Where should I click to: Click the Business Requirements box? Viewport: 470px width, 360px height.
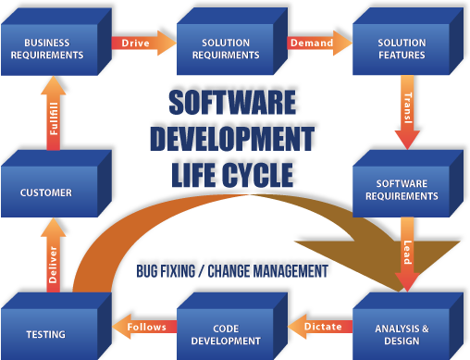click(54, 48)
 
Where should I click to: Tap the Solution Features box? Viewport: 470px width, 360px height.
click(402, 48)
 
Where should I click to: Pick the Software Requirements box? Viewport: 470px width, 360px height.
click(402, 190)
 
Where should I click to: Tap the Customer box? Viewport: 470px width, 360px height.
click(46, 192)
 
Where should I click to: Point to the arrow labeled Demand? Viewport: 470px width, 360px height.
click(311, 43)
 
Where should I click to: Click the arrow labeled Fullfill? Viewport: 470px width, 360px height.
click(53, 120)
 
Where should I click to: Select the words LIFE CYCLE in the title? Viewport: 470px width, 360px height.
click(235, 173)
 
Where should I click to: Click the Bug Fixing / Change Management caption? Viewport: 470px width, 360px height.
click(231, 271)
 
